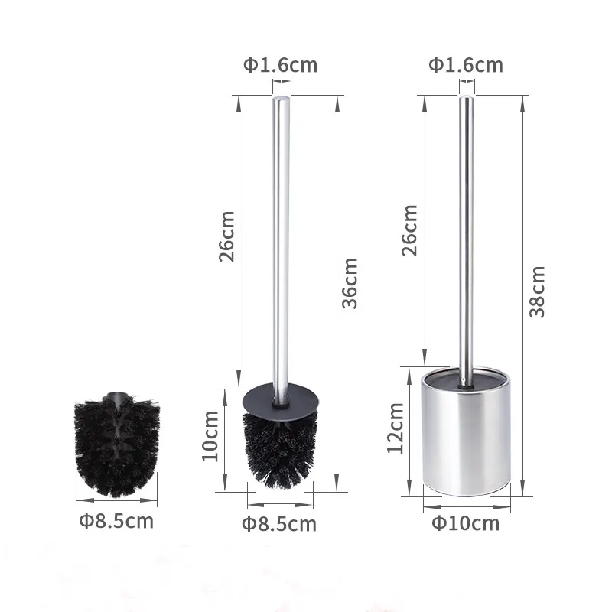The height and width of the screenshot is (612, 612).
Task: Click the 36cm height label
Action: [x=350, y=283]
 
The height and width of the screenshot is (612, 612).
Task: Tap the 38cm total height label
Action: [x=537, y=291]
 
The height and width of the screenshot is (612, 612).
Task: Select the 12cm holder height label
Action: [x=395, y=428]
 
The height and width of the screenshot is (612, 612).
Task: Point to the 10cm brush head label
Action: [x=210, y=436]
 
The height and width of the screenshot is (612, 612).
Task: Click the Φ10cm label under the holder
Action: [x=465, y=523]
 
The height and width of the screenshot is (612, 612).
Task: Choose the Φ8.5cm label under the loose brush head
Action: [x=116, y=521]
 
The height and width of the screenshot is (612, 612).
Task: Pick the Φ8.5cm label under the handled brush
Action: [x=279, y=524]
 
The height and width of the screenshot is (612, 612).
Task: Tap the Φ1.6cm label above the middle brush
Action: [x=280, y=65]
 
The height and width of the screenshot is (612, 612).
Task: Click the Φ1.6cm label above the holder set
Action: [x=466, y=65]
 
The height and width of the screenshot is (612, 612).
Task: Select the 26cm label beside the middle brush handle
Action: [x=226, y=236]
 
